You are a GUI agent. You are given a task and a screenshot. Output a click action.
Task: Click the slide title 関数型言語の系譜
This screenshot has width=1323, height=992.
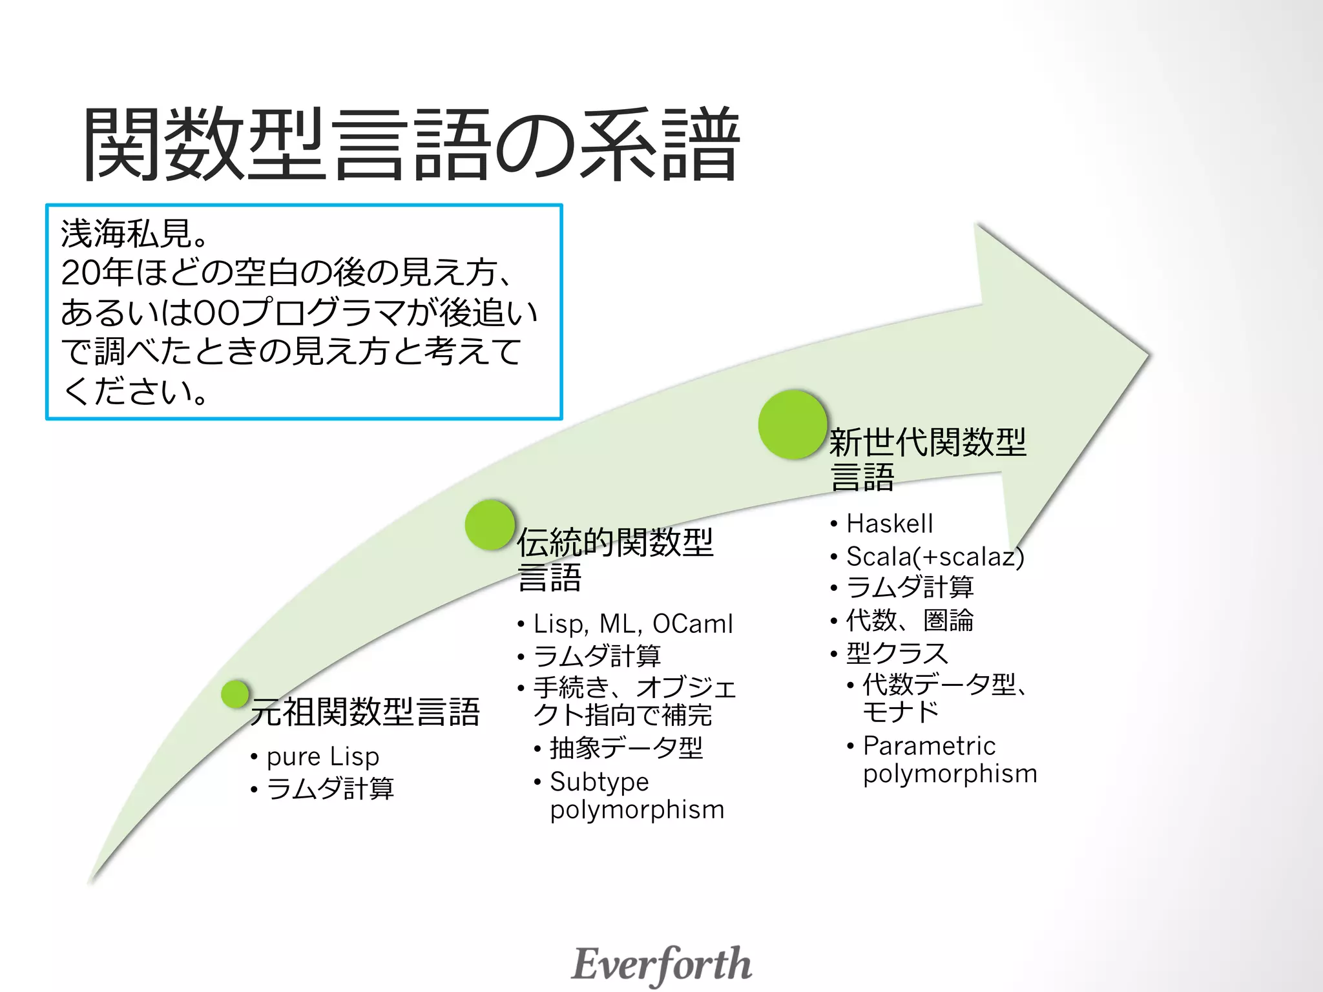tap(411, 143)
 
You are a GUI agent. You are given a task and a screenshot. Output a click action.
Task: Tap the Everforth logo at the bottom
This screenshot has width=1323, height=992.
tap(661, 964)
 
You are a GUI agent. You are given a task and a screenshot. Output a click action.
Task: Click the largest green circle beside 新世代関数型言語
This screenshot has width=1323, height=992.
tap(793, 424)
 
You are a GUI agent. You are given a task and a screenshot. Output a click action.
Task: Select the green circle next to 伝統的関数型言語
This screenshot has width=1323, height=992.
tap(490, 524)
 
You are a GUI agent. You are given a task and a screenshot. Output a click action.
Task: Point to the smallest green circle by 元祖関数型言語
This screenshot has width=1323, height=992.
tap(235, 694)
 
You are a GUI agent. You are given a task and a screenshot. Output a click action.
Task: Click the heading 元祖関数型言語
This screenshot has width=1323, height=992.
tap(365, 712)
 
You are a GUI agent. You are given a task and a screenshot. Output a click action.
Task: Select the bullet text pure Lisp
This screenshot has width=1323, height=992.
tap(322, 756)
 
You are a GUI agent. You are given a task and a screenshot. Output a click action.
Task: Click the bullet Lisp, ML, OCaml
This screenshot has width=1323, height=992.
tap(633, 624)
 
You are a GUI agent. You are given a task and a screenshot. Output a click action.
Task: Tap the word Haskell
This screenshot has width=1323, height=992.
tap(890, 523)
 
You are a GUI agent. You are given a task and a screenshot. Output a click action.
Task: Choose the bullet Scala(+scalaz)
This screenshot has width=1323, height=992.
tap(935, 556)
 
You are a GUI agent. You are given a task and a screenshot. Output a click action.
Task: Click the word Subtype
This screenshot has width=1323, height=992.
tap(599, 781)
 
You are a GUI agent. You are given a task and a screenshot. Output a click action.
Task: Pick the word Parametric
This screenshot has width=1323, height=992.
tap(929, 746)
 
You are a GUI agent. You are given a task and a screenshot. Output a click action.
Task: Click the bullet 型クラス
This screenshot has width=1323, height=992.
tap(897, 653)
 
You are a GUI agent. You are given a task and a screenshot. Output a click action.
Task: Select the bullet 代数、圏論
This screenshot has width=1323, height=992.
tap(910, 620)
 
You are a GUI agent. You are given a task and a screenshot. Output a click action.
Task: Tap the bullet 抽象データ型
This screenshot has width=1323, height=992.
tap(626, 748)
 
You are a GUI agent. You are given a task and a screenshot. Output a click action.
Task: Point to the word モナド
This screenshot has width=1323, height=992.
tap(901, 712)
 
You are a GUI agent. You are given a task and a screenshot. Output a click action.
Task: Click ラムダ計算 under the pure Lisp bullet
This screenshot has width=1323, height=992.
tap(330, 789)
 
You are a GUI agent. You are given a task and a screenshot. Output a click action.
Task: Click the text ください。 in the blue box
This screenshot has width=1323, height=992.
tap(136, 391)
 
